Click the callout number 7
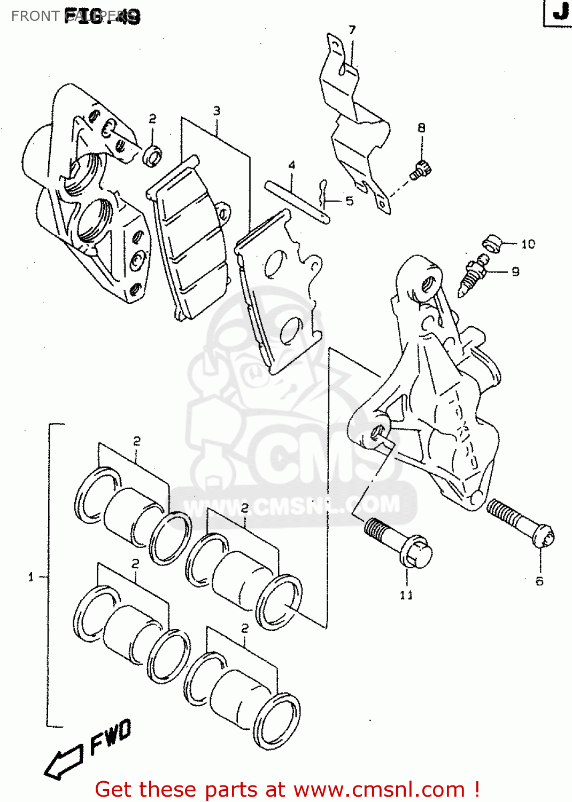(352, 30)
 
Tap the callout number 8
(421, 128)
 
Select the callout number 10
(528, 244)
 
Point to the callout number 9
(515, 272)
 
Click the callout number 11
(406, 595)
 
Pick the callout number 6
(539, 581)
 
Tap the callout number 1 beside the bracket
(31, 577)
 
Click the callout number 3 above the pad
(217, 111)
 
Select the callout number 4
(292, 165)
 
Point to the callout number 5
(349, 201)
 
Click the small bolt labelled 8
(421, 171)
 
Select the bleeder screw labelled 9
(473, 274)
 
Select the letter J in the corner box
(560, 11)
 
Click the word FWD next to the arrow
(110, 737)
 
